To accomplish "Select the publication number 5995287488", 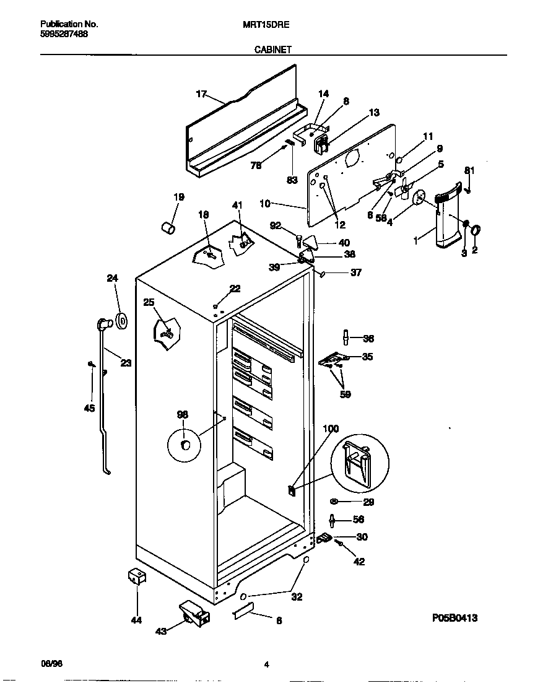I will pos(64,34).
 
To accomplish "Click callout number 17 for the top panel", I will pos(201,94).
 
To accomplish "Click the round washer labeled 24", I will pos(121,321).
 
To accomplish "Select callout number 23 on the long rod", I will pos(126,363).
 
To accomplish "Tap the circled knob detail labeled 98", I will pos(184,444).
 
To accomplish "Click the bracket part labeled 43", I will pos(193,614).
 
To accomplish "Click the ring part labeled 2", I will pos(476,231).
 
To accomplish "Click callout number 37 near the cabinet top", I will pos(356,272).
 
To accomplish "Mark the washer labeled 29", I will pos(334,501).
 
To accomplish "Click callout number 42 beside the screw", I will pos(359,562).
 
